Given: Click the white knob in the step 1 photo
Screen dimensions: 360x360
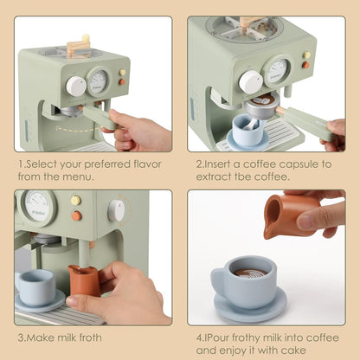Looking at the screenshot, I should [77, 87].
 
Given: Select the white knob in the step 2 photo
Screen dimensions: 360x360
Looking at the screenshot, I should [251, 82].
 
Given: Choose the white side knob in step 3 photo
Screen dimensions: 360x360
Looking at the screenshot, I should [116, 210].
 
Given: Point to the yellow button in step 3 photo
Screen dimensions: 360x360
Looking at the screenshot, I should [76, 201].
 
